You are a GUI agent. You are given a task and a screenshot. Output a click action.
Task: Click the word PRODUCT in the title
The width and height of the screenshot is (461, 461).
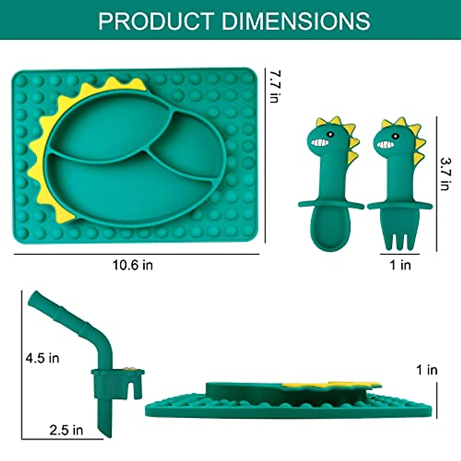[x=156, y=21]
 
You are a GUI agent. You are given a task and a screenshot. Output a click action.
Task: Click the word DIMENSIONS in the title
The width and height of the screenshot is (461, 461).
[x=296, y=21]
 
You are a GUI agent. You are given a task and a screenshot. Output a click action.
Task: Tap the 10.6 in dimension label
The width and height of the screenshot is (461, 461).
[x=133, y=265]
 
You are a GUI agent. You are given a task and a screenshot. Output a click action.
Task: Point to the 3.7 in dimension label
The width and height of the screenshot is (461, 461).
[x=446, y=174]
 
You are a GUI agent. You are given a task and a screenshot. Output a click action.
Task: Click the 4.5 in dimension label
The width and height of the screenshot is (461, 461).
[x=42, y=358]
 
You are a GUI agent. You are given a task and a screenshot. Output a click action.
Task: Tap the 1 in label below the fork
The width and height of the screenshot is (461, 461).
[x=400, y=265]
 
